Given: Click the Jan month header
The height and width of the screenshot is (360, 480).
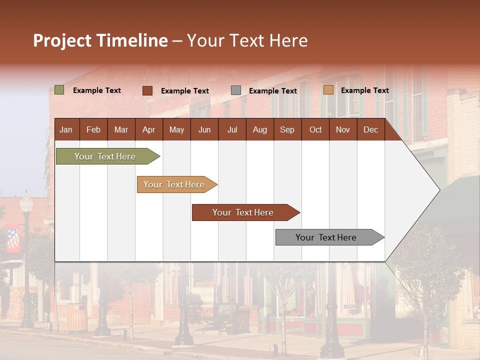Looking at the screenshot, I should tap(66, 130).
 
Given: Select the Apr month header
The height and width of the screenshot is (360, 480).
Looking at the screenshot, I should tap(148, 130).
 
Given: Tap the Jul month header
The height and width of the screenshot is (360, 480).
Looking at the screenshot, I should tap(232, 130).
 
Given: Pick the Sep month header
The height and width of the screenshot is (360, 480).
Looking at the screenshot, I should tap(287, 130).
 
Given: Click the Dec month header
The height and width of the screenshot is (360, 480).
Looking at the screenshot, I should tap(370, 130).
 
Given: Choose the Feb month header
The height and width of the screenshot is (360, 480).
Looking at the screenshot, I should tap(93, 130).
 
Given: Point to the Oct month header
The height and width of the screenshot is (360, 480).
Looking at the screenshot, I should tap(315, 130).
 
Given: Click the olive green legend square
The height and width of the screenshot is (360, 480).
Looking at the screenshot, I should tap(59, 90).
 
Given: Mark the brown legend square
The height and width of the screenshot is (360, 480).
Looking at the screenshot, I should tap(147, 90).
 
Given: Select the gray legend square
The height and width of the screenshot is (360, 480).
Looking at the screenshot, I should tap(236, 90).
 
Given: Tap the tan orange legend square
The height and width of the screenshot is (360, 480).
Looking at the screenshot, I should tap(328, 90).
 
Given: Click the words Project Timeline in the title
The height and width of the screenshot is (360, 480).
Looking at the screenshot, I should tap(100, 40).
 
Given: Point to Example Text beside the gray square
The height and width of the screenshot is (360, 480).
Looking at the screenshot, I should tap(272, 91).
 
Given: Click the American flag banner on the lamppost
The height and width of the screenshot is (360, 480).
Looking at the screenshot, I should tap(13, 240).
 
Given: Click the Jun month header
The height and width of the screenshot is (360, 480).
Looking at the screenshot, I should tap(204, 130).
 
